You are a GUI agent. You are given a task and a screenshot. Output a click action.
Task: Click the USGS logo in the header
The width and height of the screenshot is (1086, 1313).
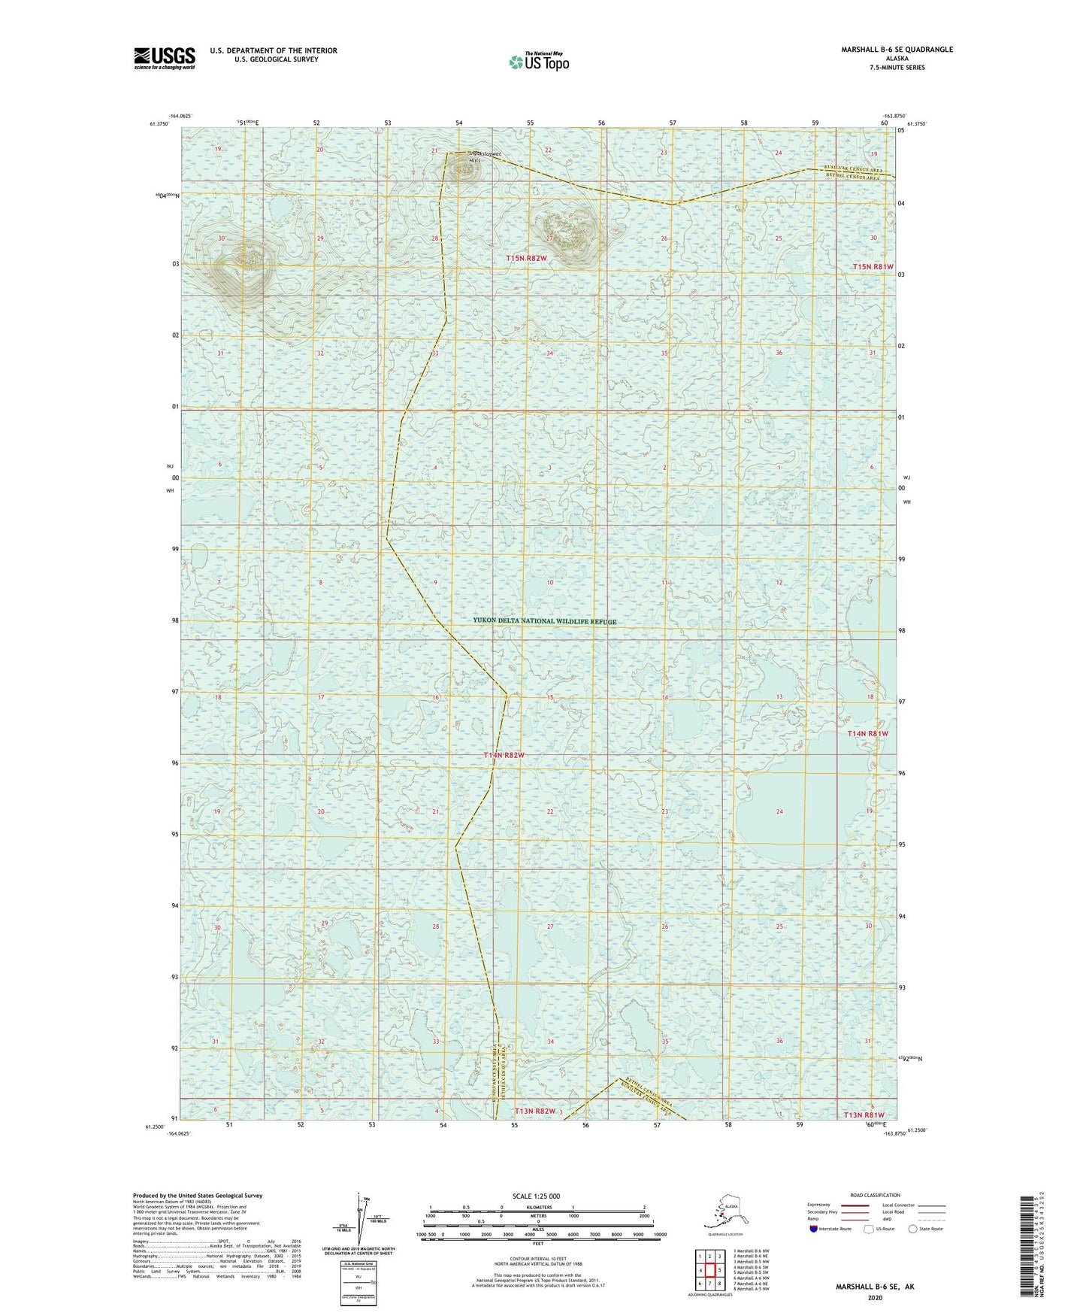coord(165,58)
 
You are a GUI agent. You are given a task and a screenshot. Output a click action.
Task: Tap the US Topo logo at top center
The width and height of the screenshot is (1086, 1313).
coord(539,62)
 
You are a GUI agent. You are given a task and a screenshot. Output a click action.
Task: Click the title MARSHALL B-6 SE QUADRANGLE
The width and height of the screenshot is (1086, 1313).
coord(897,50)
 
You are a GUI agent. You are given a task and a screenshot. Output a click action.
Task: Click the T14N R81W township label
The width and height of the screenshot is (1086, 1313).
coord(867,733)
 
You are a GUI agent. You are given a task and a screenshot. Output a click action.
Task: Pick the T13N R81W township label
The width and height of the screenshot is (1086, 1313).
coord(864,1115)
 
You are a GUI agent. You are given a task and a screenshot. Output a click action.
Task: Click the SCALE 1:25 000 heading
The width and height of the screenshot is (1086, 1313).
coord(537,1196)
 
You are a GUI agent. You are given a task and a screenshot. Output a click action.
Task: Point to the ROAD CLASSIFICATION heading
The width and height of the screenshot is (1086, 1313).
coord(875,1195)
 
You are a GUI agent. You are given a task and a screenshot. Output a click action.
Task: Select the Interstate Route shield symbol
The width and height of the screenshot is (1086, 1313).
coord(814,1229)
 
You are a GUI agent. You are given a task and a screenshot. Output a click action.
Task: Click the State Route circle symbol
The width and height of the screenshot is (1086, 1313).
coord(913,1229)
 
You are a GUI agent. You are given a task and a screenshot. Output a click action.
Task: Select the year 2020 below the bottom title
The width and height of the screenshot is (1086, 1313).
coord(875,1297)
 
